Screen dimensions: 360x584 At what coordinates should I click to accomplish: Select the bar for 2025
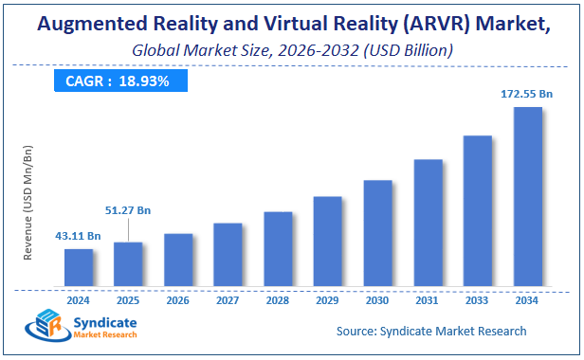click(128, 264)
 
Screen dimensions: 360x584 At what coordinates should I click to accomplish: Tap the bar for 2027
click(228, 255)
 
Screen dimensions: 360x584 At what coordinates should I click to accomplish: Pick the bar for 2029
click(327, 242)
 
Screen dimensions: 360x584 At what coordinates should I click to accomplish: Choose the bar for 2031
click(428, 223)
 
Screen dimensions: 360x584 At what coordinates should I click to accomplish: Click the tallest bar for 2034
click(527, 197)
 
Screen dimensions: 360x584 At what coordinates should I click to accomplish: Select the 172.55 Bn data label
click(526, 94)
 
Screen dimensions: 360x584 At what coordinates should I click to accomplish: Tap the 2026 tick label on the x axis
click(178, 299)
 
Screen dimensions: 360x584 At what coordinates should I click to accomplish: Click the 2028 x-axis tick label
click(278, 299)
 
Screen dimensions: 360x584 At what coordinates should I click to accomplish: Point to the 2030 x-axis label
click(377, 299)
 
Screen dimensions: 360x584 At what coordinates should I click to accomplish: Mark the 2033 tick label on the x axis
click(477, 299)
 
